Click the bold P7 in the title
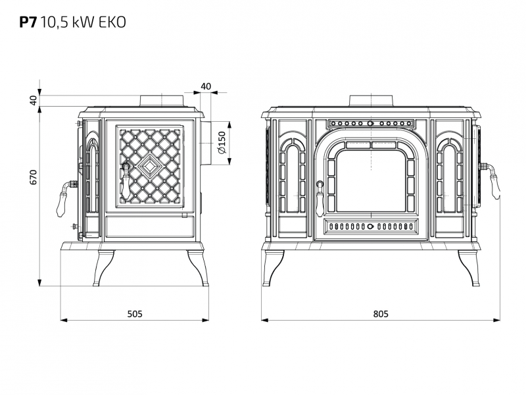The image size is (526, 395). [27, 22]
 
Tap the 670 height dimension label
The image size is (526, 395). [33, 177]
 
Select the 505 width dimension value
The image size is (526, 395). [135, 314]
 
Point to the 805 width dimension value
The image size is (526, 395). [381, 314]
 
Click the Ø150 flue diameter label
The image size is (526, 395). [222, 143]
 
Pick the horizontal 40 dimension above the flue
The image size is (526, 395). [206, 86]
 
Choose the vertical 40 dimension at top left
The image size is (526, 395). [33, 100]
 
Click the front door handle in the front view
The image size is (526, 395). [320, 199]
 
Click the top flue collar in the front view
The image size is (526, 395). [371, 101]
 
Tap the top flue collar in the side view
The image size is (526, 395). [162, 101]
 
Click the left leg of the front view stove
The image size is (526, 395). [274, 268]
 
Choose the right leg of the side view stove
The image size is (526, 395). [199, 268]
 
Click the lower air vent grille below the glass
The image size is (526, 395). [371, 226]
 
